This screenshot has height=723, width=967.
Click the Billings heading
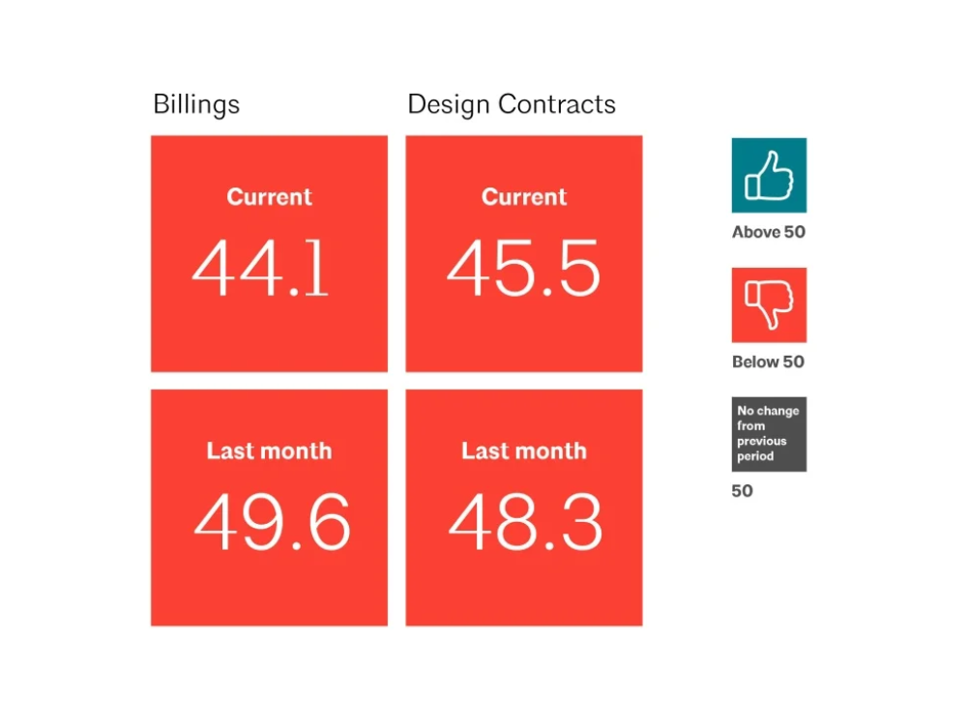point(196,104)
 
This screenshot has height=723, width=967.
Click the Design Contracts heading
point(512,104)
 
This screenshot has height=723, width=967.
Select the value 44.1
point(260,268)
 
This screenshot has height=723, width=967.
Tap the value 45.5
point(523,268)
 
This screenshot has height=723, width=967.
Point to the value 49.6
point(272,521)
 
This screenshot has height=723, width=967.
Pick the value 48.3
point(525,521)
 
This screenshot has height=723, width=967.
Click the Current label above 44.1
point(270,196)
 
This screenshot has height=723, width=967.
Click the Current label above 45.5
point(524,196)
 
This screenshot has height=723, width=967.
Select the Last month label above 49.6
point(270,450)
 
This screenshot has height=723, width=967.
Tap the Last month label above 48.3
point(524,450)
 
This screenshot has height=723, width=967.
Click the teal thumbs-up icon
point(769,175)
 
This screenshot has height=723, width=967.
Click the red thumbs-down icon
point(769,304)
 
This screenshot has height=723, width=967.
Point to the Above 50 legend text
point(769,232)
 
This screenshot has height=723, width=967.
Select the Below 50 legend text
point(768,361)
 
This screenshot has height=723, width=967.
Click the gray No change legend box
point(769,434)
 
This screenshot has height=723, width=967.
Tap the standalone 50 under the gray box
point(742,491)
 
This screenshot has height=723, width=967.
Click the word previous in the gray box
point(762,442)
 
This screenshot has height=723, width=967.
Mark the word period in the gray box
point(755,457)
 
